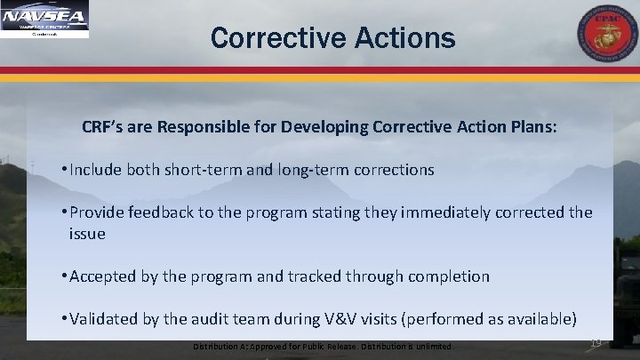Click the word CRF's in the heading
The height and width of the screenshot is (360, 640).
[x=105, y=127]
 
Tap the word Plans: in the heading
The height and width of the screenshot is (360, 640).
[x=532, y=127]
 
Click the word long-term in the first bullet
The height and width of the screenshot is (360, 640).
[x=312, y=168]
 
